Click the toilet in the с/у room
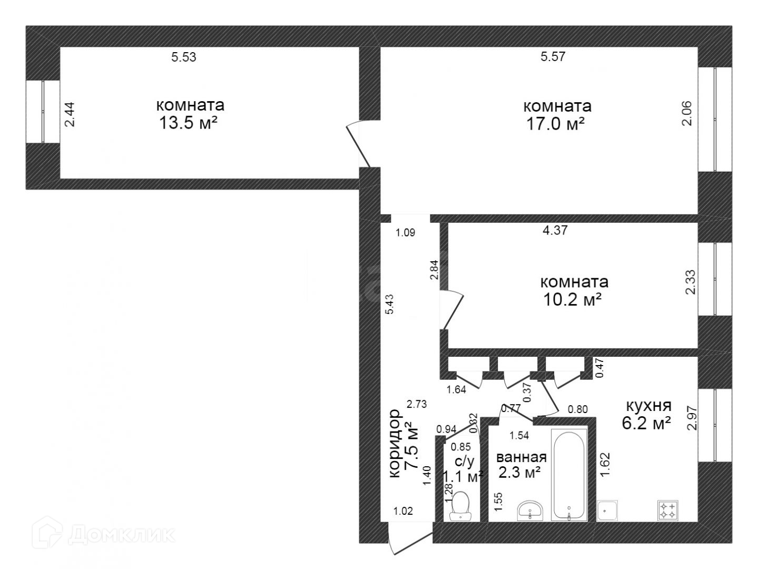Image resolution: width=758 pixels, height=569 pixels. pos(461,506)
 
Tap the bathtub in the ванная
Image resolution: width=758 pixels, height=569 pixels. pos(569,475)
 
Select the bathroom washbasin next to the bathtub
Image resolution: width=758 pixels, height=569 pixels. pos(530,511)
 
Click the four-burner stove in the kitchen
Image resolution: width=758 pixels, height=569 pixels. pos(667,511)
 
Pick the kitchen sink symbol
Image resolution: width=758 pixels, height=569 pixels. pos(607,511)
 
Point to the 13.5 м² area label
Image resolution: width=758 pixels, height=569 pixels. pos(188,123)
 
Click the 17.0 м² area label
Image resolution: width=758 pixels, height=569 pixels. pos(555,124)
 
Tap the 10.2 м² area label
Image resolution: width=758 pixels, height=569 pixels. pos(572,299)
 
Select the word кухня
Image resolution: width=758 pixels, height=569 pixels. pos(648,406)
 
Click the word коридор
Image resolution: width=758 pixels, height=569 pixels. pos(395,444)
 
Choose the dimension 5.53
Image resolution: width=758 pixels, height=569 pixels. pos(184,57)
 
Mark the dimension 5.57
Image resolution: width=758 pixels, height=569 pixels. pos(553,56)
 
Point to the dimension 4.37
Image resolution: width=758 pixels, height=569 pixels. pos(555,230)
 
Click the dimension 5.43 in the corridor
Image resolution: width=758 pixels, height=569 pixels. pos(389,304)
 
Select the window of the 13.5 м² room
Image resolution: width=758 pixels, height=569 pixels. pos(43,112)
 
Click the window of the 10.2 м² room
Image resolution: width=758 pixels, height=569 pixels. pos(715,279)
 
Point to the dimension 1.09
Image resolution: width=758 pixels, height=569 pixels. pos(405,233)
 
